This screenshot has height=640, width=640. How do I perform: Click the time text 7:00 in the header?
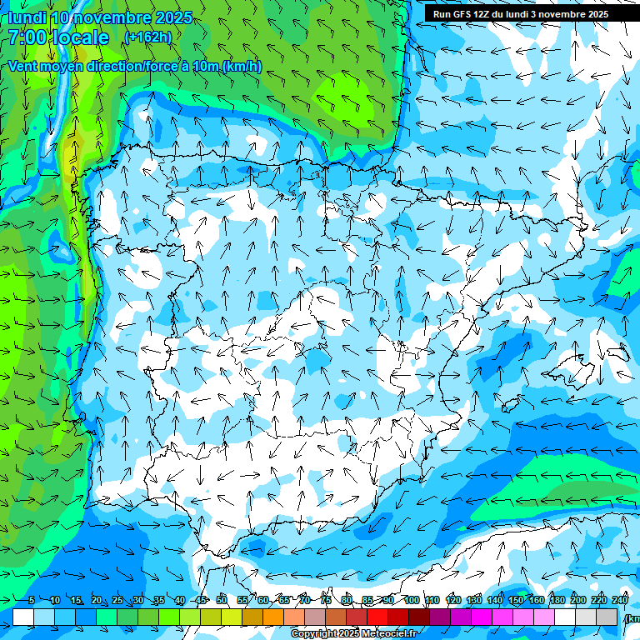28,37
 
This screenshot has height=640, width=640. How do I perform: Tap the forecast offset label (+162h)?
147,37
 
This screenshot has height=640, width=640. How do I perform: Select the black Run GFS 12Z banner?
521,13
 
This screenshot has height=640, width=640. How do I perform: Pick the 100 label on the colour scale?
412,600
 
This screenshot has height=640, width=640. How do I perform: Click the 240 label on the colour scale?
620,600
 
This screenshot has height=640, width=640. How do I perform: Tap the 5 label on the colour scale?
31,600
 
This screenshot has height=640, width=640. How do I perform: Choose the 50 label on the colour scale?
222,600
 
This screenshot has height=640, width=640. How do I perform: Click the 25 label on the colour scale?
117,600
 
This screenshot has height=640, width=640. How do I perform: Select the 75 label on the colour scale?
326,600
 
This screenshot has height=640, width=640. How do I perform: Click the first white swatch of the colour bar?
23,617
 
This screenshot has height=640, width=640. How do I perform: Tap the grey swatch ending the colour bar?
607,617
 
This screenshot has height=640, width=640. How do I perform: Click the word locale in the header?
79,37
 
